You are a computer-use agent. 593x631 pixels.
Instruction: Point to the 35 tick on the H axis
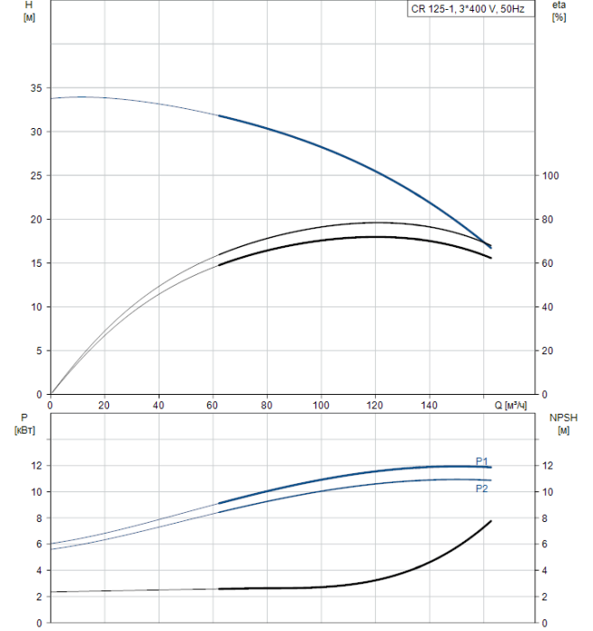coord(36,88)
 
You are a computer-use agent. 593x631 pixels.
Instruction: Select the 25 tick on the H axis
coord(36,176)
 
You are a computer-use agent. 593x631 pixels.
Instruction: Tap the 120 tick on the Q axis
coord(375,405)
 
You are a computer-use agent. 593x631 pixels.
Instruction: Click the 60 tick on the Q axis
coord(213,405)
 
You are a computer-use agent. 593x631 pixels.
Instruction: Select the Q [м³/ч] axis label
coord(515,405)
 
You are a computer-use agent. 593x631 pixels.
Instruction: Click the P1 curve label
coord(482,460)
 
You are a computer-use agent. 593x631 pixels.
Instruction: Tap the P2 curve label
coord(482,489)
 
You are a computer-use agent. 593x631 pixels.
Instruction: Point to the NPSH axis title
coord(561,417)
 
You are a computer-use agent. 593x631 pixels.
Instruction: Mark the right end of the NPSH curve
coord(491,521)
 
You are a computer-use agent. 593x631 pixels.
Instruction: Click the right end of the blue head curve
coord(491,246)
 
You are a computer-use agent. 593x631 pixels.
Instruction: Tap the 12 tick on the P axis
coord(36,466)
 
